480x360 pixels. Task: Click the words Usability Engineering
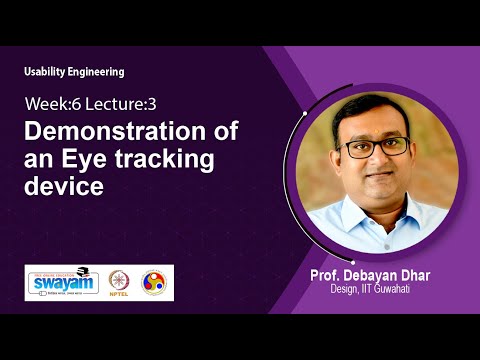point(74,72)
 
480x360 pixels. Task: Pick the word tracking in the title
point(162,159)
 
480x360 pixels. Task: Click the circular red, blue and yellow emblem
point(155,281)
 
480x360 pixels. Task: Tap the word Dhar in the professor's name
point(412,275)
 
